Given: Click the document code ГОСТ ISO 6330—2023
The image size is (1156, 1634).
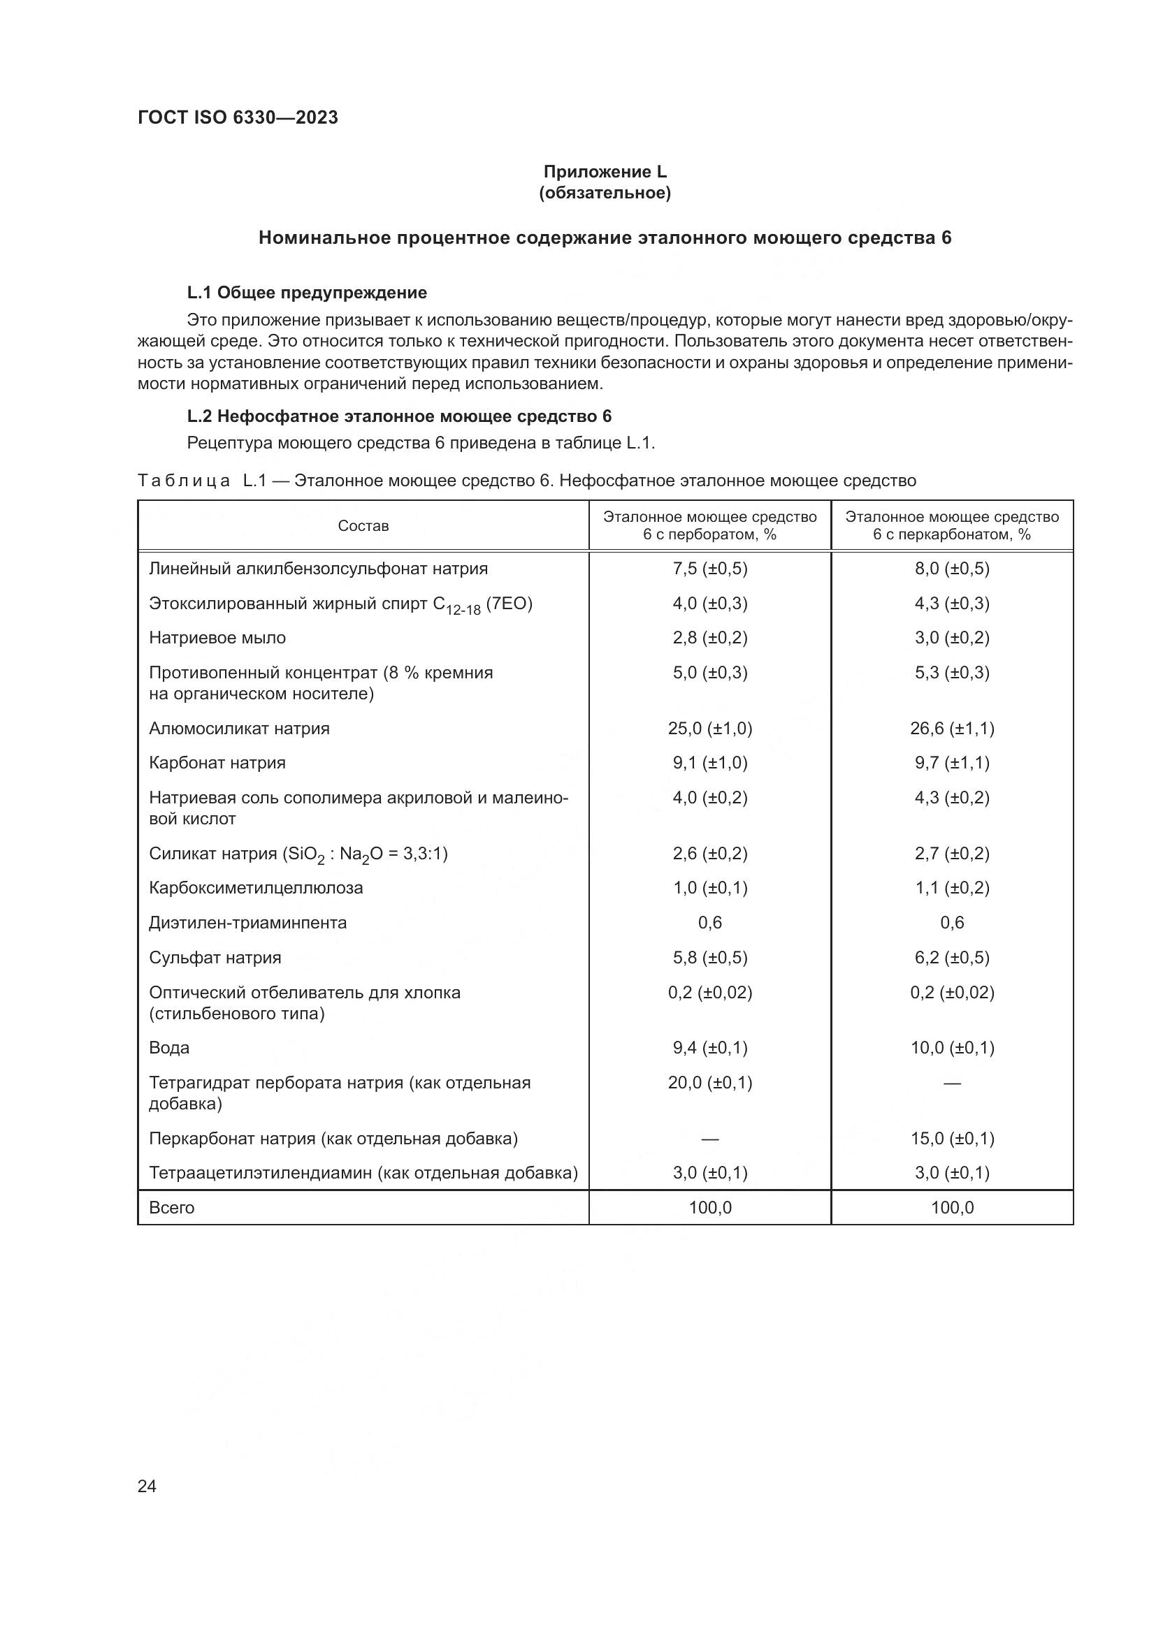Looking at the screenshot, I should [238, 117].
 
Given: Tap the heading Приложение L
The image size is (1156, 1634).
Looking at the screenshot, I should [605, 172].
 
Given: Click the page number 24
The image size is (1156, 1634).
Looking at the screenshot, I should [147, 1486].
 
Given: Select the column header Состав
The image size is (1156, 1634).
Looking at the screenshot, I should [363, 526].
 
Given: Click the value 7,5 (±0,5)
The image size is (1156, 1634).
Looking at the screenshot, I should [709, 569].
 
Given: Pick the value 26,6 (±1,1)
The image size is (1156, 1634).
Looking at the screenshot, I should [952, 728].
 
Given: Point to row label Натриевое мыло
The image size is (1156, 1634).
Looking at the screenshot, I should [217, 638].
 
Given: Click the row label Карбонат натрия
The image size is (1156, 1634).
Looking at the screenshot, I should [217, 763].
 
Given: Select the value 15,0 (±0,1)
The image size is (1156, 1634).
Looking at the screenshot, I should [952, 1138].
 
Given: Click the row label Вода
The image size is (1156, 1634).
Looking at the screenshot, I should [169, 1048].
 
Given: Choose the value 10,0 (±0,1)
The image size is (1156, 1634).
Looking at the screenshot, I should [952, 1048].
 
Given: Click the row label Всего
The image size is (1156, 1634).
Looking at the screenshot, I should [171, 1207].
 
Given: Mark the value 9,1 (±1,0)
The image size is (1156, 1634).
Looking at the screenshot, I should [709, 763].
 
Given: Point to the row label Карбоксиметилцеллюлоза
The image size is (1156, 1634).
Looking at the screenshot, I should [256, 887].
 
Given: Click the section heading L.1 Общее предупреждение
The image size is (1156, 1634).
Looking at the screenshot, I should [307, 293].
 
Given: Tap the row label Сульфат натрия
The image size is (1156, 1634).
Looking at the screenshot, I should [215, 957].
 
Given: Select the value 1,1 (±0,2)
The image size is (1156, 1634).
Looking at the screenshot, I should [952, 887].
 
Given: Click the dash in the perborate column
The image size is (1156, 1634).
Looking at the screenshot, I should [709, 1139].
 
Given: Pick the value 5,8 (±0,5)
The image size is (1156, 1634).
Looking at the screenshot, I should [709, 957].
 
